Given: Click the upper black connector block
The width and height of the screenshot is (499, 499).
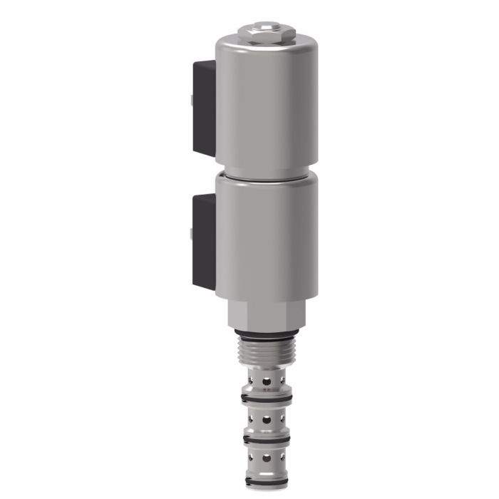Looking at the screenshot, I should click(x=205, y=107).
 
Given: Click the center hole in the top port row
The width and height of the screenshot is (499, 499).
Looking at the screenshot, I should click(x=267, y=382).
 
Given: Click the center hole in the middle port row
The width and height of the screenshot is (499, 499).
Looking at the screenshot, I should click(x=267, y=421).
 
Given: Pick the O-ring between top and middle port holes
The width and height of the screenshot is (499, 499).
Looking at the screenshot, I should click(x=267, y=398).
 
